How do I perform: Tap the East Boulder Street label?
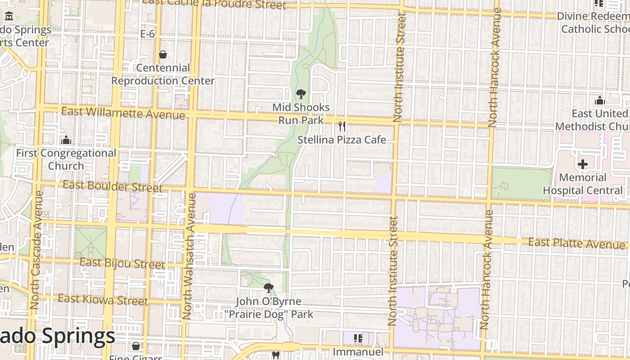point(112,186)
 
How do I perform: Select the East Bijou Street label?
point(122,263)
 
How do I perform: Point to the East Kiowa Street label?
point(103,300)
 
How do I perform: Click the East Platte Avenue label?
point(576,243)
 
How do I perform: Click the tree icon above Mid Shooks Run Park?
point(301,94)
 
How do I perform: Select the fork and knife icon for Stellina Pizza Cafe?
point(342,126)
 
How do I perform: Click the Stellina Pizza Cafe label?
point(342,140)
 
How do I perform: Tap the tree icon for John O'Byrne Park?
point(269,288)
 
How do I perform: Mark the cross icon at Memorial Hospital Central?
point(583,164)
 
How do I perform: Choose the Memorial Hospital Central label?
point(583,184)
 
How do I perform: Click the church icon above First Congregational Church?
point(66,140)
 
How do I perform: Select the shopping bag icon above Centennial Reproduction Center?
point(163,54)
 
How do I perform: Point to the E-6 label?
point(148,34)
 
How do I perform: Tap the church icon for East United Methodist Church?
point(599,100)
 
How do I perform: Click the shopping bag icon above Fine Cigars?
point(135,346)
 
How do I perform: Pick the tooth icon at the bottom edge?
point(276,355)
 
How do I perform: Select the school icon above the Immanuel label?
point(358,338)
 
